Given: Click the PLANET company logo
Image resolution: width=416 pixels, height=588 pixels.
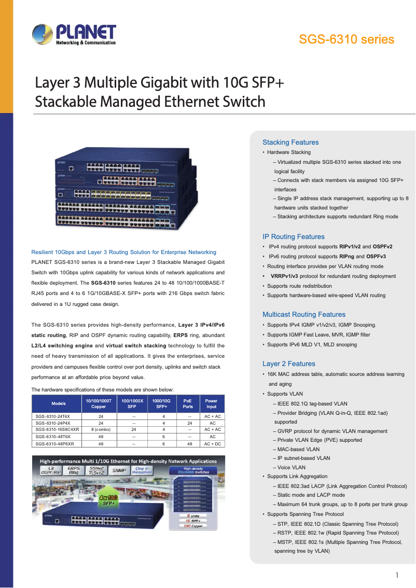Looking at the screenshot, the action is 74,35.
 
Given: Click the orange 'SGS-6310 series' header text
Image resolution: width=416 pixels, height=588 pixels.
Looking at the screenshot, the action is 346,39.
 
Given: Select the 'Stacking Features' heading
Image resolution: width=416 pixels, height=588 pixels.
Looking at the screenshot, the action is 290,143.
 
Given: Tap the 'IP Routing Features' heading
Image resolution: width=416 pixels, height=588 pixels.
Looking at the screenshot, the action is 294,237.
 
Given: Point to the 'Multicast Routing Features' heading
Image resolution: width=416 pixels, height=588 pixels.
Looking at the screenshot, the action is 304,315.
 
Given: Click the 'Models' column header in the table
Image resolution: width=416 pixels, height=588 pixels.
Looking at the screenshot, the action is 59,403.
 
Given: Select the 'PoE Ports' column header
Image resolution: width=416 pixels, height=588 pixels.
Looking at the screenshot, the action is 188,403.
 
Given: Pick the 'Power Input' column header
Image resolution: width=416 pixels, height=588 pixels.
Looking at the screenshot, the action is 212,403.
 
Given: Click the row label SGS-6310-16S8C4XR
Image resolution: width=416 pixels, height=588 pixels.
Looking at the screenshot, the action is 57,429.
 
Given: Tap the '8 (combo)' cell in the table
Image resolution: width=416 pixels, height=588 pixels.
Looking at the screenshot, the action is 101,429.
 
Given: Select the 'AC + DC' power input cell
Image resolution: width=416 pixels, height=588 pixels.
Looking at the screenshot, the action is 212,444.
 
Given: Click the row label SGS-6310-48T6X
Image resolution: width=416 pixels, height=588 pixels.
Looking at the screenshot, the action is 53,437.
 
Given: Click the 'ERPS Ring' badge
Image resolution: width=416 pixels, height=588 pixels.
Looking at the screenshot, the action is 74,470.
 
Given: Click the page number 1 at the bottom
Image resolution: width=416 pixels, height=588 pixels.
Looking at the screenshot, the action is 396,575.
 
